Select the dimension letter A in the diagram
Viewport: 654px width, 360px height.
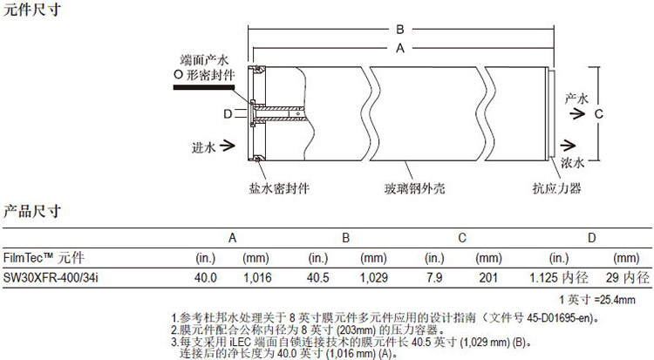click(400, 49)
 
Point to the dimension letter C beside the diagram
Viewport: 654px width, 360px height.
click(599, 113)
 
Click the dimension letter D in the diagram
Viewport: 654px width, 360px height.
click(228, 113)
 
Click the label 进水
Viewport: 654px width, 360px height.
click(202, 147)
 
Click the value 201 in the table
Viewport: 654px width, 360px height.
click(488, 278)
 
